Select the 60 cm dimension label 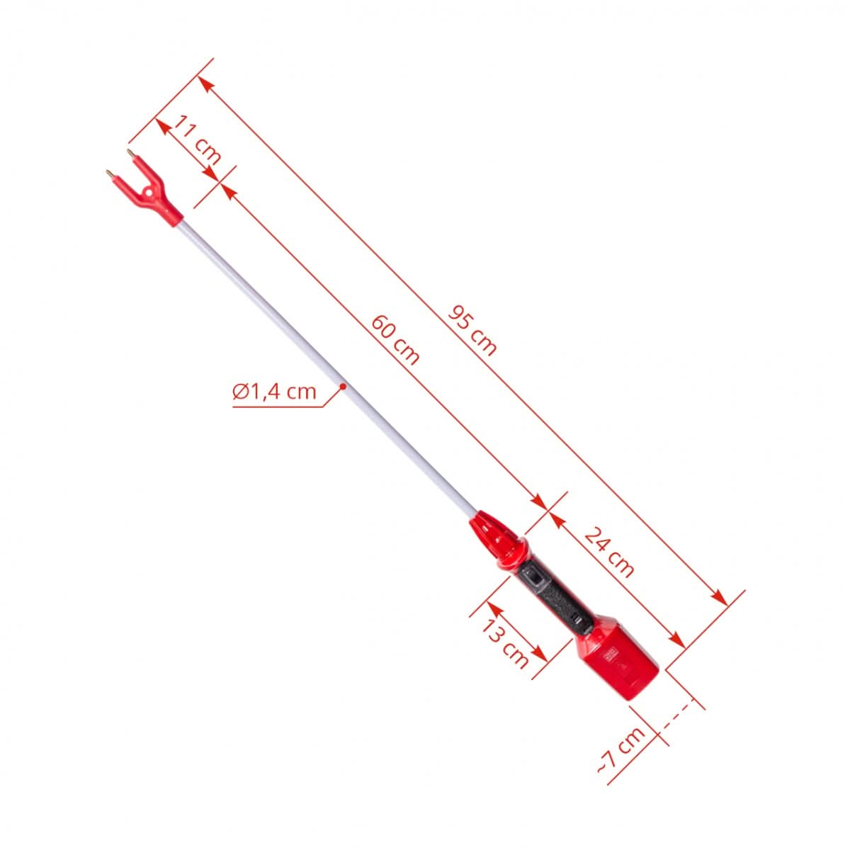pyautogui.click(x=395, y=339)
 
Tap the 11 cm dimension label pyautogui.click(x=197, y=140)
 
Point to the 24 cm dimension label pyautogui.click(x=608, y=552)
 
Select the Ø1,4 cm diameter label pyautogui.click(x=274, y=391)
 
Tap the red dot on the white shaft pyautogui.click(x=342, y=386)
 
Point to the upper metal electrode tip pyautogui.click(x=130, y=153)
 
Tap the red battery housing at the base pyautogui.click(x=618, y=662)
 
